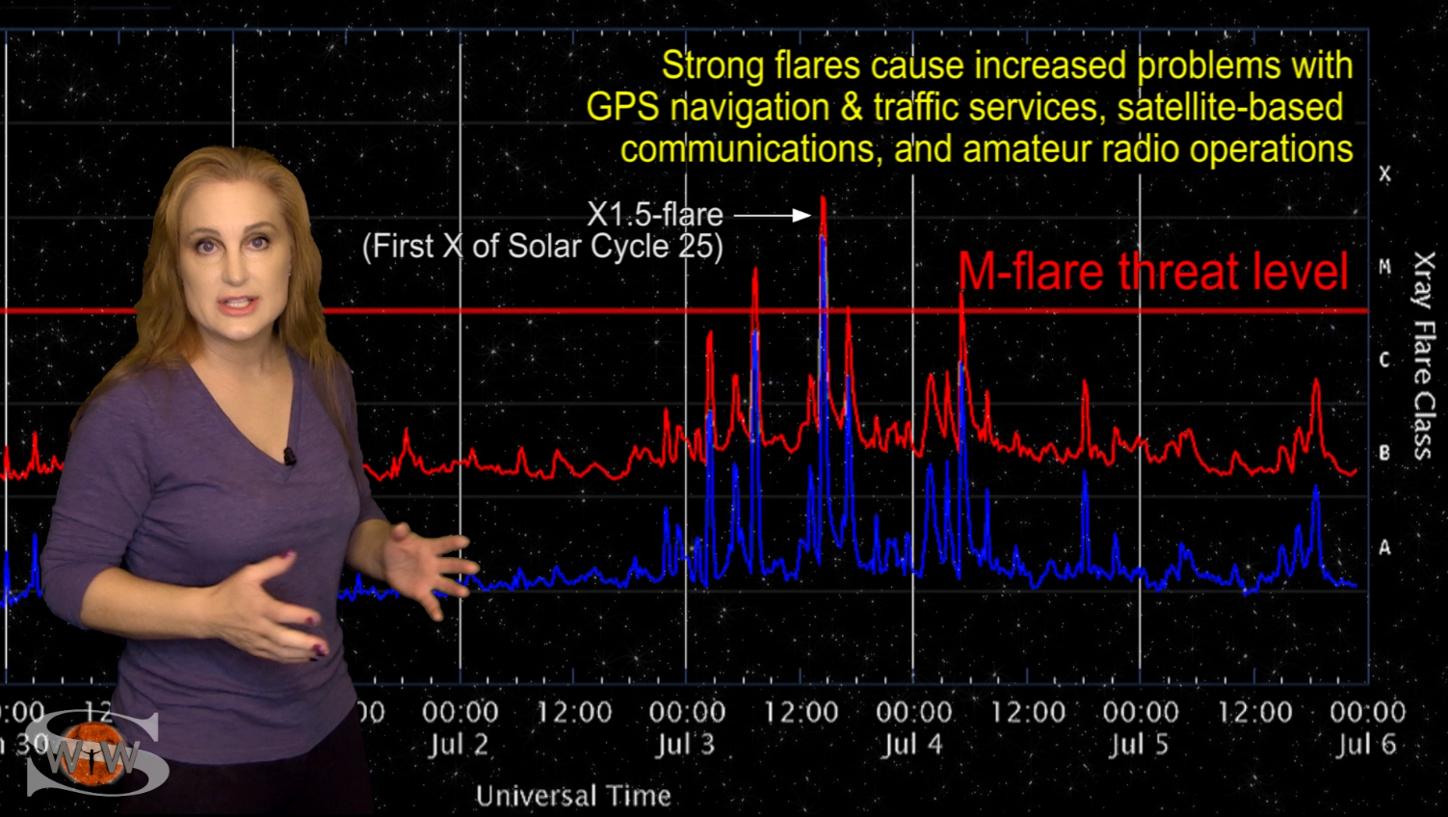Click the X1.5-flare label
(x=654, y=214)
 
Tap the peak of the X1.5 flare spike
(x=823, y=198)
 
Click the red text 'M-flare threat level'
(x=1152, y=272)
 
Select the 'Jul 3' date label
(x=686, y=745)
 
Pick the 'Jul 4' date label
(x=913, y=745)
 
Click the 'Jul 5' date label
(x=1140, y=745)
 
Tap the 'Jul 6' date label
(x=1366, y=745)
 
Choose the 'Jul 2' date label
(x=459, y=745)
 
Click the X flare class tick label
(x=1384, y=174)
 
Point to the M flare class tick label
(x=1384, y=267)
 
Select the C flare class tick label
(x=1384, y=360)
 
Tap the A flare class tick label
(x=1384, y=547)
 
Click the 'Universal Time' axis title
(x=573, y=796)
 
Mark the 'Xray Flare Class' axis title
(x=1423, y=355)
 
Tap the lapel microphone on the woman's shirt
(x=289, y=456)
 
